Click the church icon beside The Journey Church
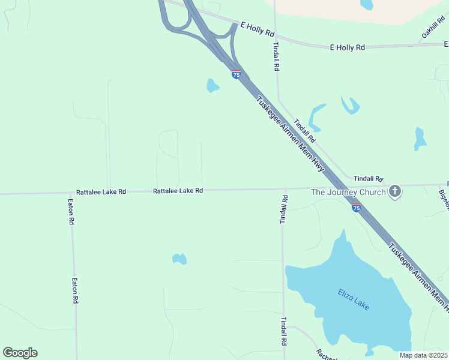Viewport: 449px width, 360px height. point(395,192)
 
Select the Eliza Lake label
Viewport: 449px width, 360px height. point(353,299)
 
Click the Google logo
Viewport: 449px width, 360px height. point(20,353)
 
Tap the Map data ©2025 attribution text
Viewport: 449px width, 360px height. point(423,355)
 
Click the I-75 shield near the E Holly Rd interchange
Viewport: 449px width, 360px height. point(237,74)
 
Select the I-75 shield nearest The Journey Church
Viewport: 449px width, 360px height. point(357,208)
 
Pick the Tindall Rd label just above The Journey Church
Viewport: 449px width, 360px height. point(369,179)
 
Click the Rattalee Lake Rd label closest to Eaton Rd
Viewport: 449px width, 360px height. point(101,191)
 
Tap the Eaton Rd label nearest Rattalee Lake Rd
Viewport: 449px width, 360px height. point(71,212)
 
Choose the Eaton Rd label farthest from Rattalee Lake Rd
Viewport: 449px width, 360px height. point(76,290)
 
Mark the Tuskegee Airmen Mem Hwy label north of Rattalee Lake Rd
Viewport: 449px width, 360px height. point(291,134)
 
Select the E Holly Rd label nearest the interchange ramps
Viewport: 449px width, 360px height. point(257,28)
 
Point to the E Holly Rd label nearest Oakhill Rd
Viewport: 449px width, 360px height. point(348,47)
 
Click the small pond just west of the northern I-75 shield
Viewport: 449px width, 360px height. point(212,86)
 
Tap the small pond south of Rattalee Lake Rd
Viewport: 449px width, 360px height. point(179,259)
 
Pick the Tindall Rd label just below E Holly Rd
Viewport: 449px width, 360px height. point(276,56)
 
